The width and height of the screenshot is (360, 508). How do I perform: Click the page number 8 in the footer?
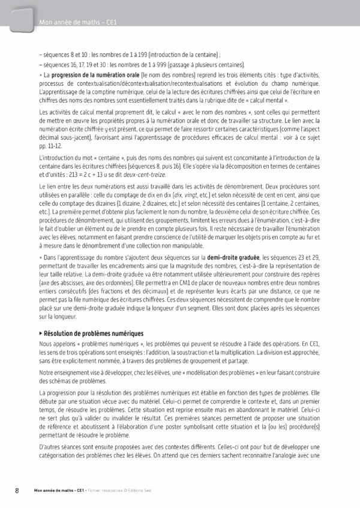17,490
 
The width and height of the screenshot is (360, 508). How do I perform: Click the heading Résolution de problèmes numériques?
93,333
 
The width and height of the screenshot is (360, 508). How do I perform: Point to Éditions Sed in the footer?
140,491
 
